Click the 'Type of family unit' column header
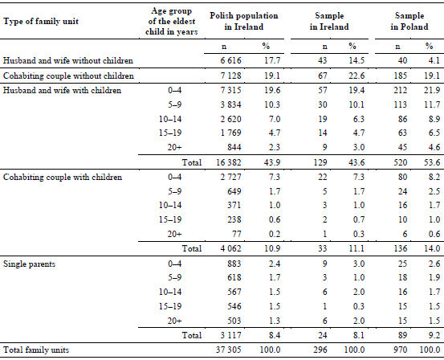point(41,21)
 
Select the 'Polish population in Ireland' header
point(244,21)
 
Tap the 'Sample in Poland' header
point(409,21)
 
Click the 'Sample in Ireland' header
point(329,21)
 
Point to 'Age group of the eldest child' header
point(171,21)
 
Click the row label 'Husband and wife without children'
point(68,60)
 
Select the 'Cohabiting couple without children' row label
point(68,76)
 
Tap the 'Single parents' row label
point(29,264)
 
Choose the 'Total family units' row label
point(36,350)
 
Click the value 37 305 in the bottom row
point(229,350)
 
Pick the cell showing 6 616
point(230,60)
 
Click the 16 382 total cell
point(229,162)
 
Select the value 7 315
point(230,90)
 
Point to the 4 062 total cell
point(230,248)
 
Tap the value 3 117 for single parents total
point(230,335)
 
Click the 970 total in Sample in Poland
point(400,350)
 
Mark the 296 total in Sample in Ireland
point(320,350)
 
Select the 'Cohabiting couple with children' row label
point(63,177)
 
